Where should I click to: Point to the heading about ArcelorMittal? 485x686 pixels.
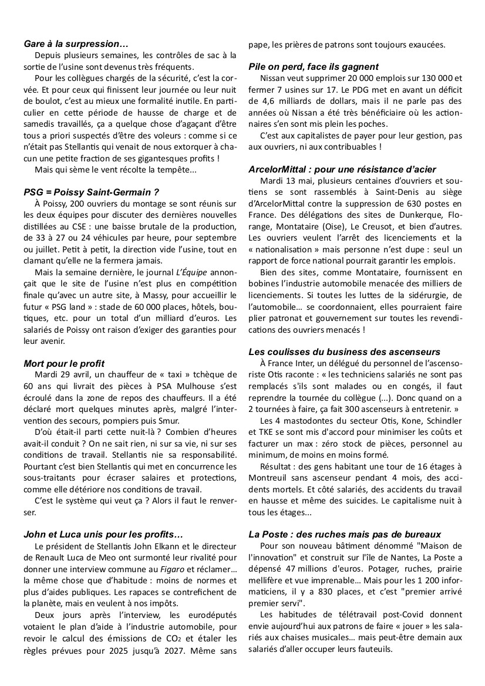tap(342, 169)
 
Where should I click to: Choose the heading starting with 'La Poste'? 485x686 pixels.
tap(344, 534)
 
